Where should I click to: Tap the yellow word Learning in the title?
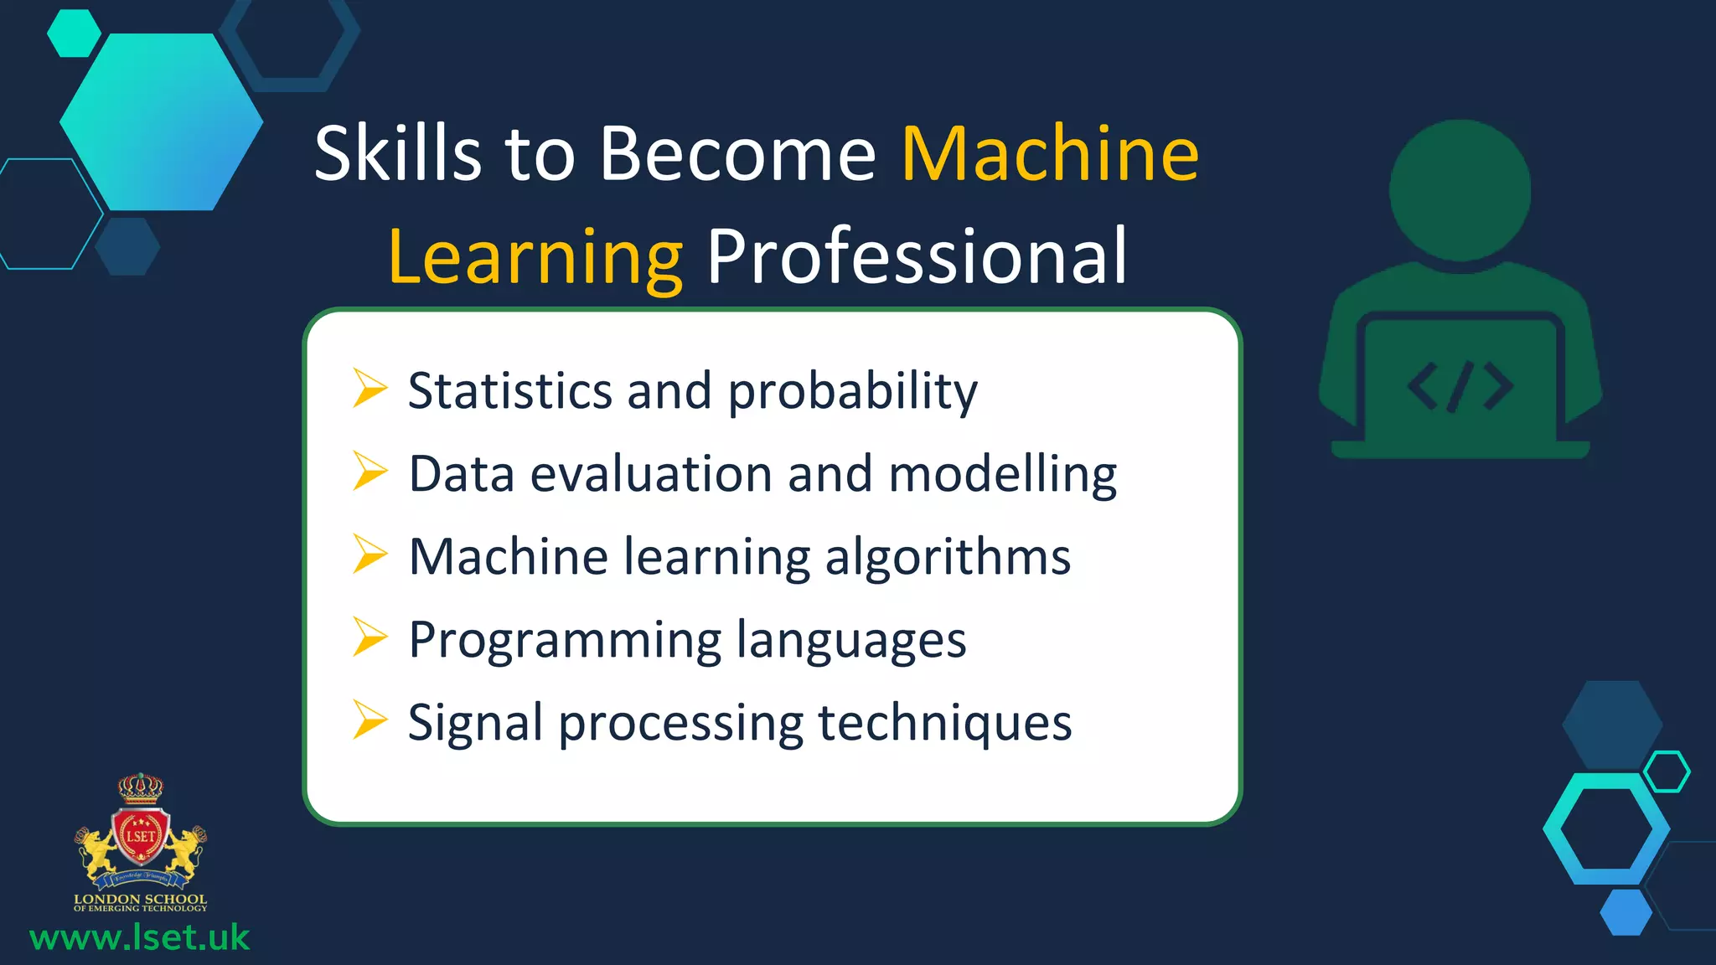(535, 257)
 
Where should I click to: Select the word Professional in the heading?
(917, 257)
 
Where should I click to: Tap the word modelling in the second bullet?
(1002, 474)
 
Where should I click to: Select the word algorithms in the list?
(948, 557)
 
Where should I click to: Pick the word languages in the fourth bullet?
(851, 642)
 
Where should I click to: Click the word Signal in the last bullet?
(475, 723)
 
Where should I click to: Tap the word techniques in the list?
(944, 723)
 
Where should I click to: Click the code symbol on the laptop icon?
(1460, 387)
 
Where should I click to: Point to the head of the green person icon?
(1460, 190)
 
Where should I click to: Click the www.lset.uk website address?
(139, 937)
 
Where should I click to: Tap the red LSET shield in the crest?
(140, 835)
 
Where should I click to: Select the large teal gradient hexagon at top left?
(162, 121)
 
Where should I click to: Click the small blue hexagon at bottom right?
(1626, 912)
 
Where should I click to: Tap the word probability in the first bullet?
(852, 392)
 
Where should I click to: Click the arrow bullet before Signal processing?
(370, 720)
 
